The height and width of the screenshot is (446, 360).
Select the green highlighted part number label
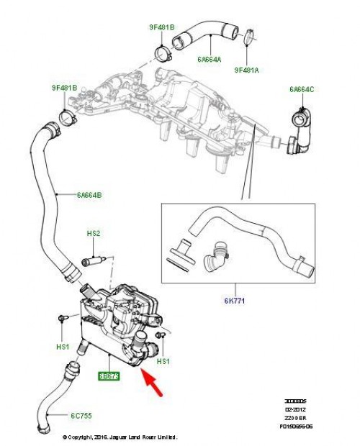[x=109, y=375]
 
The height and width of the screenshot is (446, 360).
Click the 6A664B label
[x=89, y=194]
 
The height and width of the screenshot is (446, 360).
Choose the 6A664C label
[x=302, y=88]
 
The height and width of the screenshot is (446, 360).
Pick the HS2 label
[x=94, y=233]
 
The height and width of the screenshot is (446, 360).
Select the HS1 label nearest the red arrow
[x=162, y=360]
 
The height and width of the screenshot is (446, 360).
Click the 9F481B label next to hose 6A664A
[x=162, y=30]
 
